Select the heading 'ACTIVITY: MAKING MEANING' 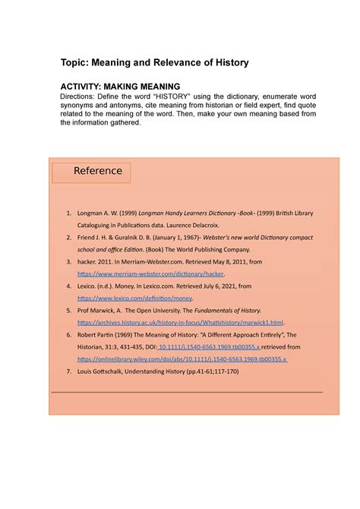(120, 87)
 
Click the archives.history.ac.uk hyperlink (181, 323)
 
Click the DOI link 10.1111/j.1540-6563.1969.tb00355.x (207, 346)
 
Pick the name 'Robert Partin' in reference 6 (97, 335)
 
